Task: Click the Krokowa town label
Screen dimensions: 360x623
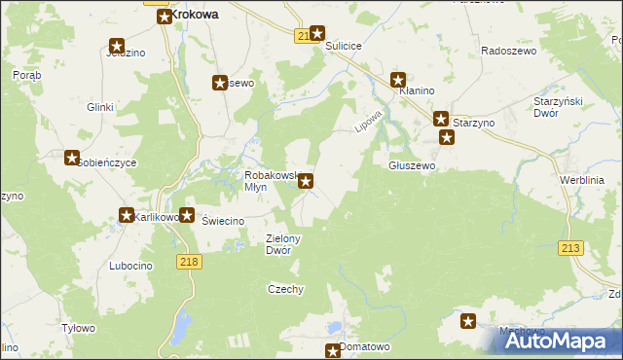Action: pos(196,16)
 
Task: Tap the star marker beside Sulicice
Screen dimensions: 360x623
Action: pos(316,33)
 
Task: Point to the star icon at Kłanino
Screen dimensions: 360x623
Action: pos(398,80)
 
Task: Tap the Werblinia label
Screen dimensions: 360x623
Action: pos(582,181)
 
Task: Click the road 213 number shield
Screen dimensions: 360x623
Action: pos(570,249)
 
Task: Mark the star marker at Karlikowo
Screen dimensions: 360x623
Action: pos(127,215)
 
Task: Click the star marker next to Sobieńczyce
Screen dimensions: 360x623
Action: pos(71,158)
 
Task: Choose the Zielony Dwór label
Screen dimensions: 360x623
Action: pos(284,244)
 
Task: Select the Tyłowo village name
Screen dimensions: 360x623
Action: pos(78,329)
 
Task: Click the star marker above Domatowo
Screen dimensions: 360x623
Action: pos(333,350)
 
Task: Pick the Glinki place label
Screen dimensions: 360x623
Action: pos(100,107)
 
